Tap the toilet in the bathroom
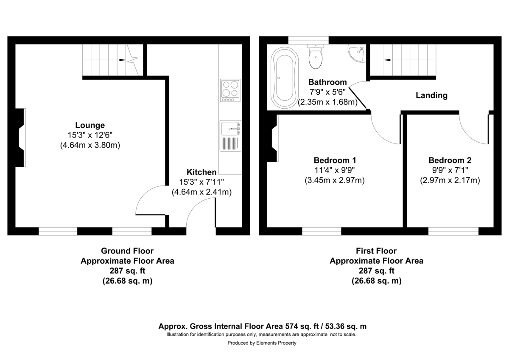pos(315,57)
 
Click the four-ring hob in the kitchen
pos(230,90)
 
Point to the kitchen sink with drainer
pos(230,136)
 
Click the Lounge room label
pos(89,125)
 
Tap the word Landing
pos(431,96)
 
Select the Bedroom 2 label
pos(450,160)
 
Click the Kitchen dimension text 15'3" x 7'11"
pos(201,182)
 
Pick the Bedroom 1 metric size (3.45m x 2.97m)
pos(334,180)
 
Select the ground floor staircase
pos(111,61)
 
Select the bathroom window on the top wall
pos(308,40)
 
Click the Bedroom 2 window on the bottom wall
pos(453,231)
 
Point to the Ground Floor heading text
pos(127,251)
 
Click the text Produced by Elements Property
pos(262,343)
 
